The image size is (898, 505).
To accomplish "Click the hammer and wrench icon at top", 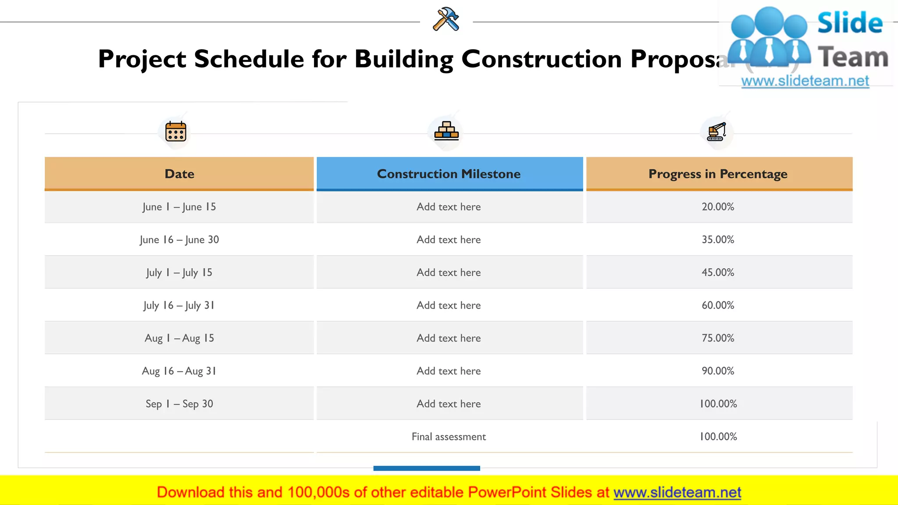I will click(446, 19).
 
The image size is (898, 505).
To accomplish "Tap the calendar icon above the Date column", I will click(175, 132).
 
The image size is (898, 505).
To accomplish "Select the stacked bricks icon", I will click(446, 131).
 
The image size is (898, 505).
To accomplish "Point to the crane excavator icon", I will click(716, 132).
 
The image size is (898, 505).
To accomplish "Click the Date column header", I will click(179, 174).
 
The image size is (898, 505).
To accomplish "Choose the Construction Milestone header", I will click(449, 174).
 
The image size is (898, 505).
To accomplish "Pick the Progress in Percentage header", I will click(718, 174).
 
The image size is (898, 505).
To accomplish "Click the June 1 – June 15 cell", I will click(179, 207).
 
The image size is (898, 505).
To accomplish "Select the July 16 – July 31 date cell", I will click(179, 306).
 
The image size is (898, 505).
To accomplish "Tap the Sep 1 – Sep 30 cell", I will click(179, 404).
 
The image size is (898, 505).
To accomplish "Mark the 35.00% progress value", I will click(718, 240).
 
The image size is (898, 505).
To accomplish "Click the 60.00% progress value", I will click(718, 306).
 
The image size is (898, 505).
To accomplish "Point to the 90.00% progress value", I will click(718, 371).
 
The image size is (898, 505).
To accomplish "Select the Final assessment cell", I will click(449, 437).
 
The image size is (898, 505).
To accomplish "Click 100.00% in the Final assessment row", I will click(718, 437).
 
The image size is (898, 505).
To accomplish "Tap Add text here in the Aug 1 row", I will click(449, 338).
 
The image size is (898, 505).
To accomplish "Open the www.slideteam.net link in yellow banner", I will click(677, 493).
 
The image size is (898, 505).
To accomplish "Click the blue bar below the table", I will click(427, 468).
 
